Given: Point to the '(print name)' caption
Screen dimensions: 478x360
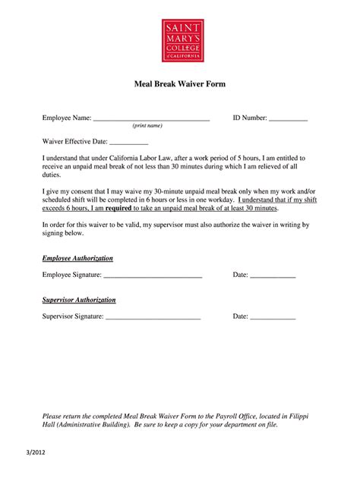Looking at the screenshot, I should click(x=147, y=126).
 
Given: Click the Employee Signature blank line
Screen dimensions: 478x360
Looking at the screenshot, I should click(x=159, y=275).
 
